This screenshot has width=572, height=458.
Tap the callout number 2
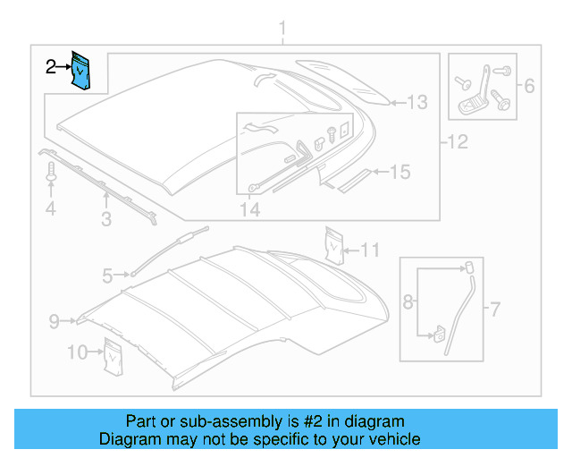(52, 65)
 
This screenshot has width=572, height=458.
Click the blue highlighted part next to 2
(82, 71)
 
